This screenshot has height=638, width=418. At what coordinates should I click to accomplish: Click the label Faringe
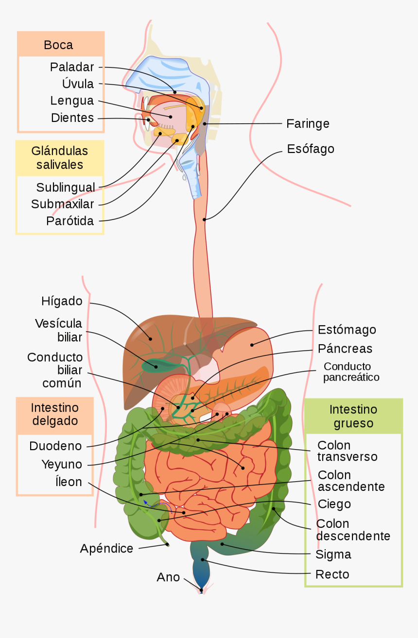308,124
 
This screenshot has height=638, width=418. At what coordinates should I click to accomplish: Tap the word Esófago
311,149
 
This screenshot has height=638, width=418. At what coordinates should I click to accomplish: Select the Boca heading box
61,45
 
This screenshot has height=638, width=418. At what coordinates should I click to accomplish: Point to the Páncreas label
345,349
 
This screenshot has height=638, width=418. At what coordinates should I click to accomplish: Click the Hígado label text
62,302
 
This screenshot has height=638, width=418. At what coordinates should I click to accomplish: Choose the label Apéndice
106,549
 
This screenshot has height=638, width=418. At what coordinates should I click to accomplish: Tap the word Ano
168,577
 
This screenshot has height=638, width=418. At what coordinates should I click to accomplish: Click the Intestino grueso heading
353,416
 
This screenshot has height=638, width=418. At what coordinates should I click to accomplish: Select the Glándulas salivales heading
60,157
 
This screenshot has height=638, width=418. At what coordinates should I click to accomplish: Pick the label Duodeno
55,446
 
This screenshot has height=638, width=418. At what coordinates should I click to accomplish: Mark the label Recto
332,574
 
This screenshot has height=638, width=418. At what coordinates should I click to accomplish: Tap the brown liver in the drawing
146,350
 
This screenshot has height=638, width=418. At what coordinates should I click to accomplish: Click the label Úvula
78,84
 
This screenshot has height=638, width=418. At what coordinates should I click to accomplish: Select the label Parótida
70,221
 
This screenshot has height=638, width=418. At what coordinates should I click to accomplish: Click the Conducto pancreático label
351,371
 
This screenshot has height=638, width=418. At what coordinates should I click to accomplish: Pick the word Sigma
333,554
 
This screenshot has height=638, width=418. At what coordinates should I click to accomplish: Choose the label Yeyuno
62,465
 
